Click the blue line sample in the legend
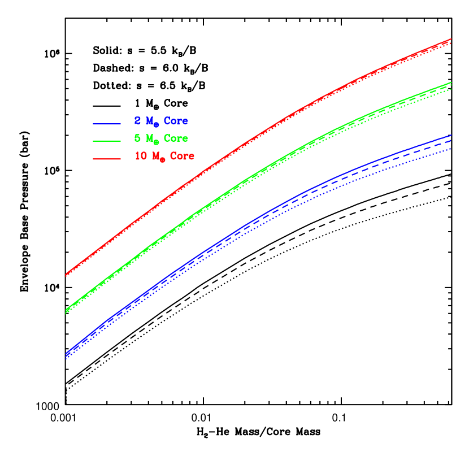coord(107,123)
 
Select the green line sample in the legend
coord(107,140)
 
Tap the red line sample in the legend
coord(107,159)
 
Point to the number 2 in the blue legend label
coord(137,121)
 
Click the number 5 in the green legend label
coord(137,138)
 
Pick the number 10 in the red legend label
coord(140,157)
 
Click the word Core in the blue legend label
coord(176,121)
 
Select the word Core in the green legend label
coord(176,138)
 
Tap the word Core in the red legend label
coord(182,157)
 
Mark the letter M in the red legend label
coord(155,157)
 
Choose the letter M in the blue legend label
coord(149,121)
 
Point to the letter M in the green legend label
coord(149,138)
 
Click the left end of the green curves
coord(66,311)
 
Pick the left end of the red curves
coord(66,275)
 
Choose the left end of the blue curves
coord(66,355)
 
